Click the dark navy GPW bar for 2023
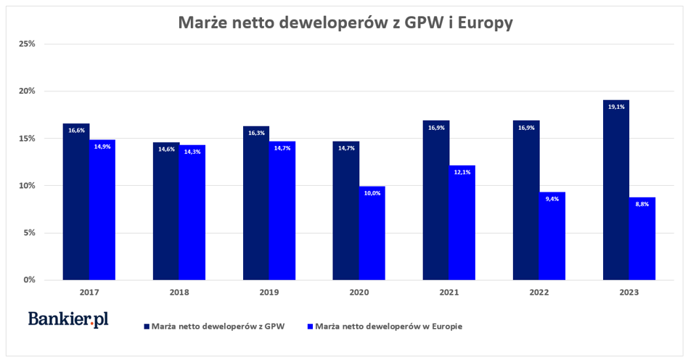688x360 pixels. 615,190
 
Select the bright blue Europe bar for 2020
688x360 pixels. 372,233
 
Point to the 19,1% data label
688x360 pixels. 615,106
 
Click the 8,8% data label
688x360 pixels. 642,204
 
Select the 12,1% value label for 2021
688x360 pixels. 462,173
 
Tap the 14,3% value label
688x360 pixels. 192,152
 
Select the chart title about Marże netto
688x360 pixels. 345,23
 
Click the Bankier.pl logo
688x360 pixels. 68,319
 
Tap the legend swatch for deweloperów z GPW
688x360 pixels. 147,327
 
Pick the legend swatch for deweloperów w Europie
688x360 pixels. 311,327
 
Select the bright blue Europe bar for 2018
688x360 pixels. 192,213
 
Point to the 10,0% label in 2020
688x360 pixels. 372,192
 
